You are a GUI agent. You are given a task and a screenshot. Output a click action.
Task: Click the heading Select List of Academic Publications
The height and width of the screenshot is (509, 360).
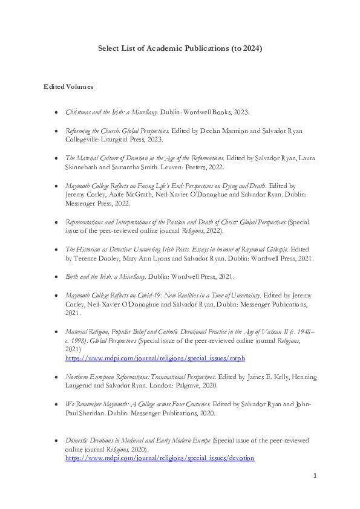tap(180, 48)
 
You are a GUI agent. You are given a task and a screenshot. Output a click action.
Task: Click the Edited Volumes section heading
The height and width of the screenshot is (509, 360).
tap(68, 88)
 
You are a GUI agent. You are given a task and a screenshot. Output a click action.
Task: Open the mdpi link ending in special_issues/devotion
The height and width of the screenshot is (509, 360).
tap(160, 459)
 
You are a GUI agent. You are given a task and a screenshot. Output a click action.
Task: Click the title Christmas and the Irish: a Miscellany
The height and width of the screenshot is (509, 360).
tap(111, 113)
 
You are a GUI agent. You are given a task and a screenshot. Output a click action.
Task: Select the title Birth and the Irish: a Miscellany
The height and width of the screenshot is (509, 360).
tap(105, 276)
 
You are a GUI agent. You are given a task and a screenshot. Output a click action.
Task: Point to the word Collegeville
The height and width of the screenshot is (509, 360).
tap(84, 139)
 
